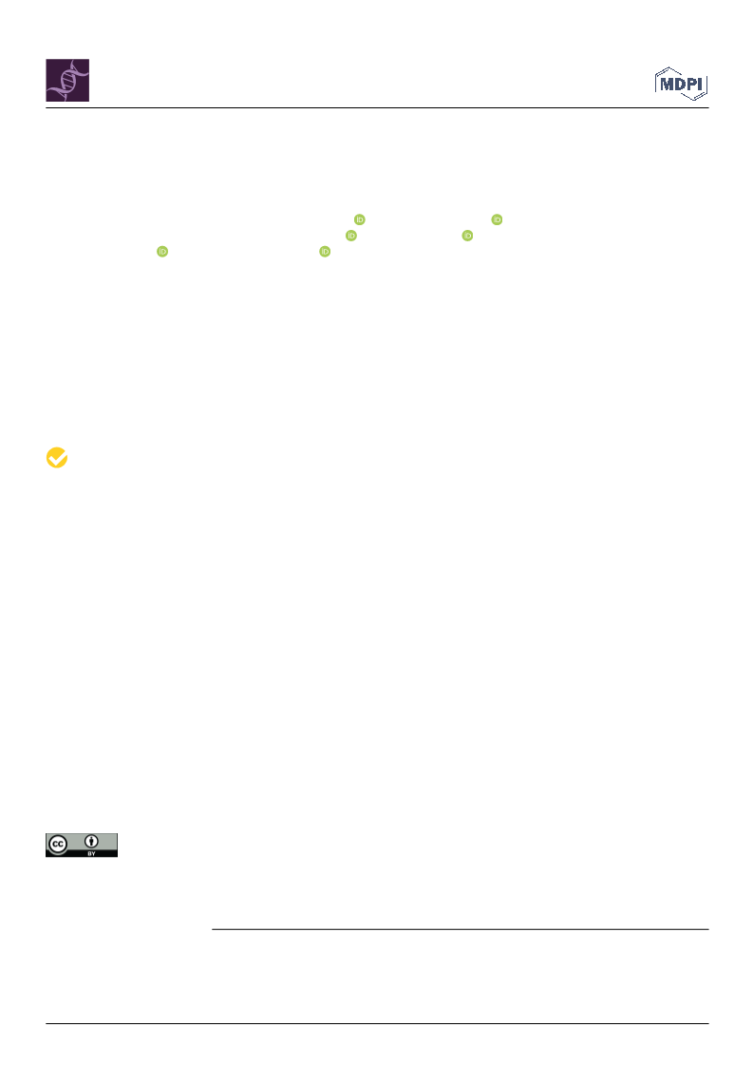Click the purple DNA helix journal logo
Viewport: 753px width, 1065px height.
click(67, 80)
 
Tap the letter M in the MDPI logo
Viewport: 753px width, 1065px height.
click(667, 85)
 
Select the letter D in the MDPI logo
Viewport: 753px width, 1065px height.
click(680, 85)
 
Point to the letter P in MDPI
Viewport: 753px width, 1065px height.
click(691, 85)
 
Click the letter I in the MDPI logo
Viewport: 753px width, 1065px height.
click(700, 85)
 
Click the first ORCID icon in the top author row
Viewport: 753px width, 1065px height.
click(360, 219)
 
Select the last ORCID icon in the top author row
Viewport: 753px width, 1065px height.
click(497, 219)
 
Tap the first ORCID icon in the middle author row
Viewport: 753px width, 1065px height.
click(351, 235)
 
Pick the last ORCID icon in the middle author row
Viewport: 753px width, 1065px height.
click(467, 235)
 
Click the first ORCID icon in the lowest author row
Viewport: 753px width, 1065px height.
click(162, 252)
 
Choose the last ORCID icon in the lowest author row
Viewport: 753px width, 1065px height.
click(326, 252)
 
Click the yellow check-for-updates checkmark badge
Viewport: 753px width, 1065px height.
click(57, 458)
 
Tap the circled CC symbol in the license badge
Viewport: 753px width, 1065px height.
click(58, 845)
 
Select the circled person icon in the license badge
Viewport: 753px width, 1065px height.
click(92, 842)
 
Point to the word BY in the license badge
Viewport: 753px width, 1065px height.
click(92, 853)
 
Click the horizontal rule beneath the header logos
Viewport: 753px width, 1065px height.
click(377, 108)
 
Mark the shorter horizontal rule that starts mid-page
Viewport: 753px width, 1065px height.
click(461, 929)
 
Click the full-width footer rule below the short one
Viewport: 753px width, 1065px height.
click(377, 1023)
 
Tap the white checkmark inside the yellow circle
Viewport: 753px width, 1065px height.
click(58, 458)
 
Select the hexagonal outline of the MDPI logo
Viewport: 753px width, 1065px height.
click(682, 67)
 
